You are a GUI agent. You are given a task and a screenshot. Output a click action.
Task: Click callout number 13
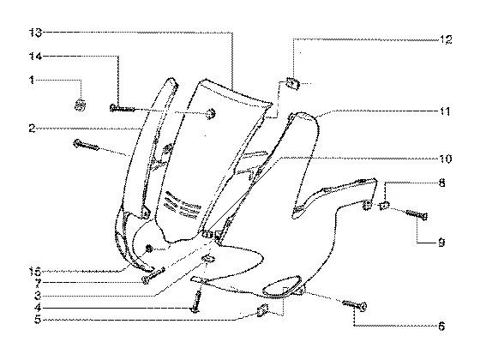(35, 33)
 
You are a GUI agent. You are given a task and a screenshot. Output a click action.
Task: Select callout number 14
(35, 56)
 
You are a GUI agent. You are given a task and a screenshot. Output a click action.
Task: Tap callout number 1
(32, 81)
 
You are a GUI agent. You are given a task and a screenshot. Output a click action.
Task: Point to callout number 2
(33, 129)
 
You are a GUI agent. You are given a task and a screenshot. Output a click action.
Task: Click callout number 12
(446, 39)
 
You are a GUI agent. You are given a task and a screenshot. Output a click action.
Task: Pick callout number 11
(445, 111)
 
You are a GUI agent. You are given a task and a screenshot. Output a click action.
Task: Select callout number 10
(446, 159)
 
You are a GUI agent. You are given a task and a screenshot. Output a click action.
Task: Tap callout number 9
(441, 243)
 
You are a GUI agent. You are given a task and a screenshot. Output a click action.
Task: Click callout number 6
(441, 327)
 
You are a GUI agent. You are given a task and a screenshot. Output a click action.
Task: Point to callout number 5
(38, 320)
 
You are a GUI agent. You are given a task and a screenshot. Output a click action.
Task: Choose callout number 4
(38, 308)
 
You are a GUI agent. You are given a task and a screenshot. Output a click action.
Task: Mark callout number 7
(38, 283)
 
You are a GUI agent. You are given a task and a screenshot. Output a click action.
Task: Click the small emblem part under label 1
(81, 105)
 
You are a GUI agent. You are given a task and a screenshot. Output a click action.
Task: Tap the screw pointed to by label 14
(122, 108)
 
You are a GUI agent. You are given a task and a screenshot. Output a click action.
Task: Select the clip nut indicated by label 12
(292, 83)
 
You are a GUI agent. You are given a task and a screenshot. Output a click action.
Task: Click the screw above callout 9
(417, 214)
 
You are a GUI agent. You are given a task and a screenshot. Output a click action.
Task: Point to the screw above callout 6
(355, 305)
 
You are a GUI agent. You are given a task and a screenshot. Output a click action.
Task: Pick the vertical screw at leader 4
(196, 302)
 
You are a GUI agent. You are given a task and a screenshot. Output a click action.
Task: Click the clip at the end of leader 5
(262, 310)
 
